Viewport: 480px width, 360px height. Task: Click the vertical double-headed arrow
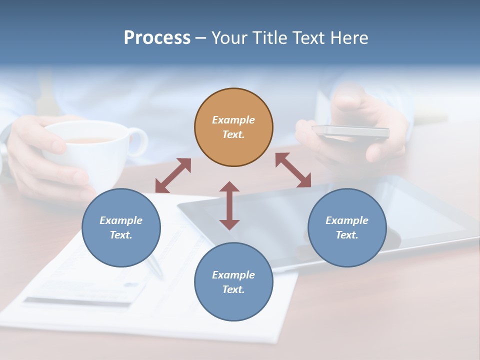click(x=229, y=205)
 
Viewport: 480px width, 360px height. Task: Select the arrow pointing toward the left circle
click(x=173, y=175)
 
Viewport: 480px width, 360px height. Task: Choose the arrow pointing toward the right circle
click(x=293, y=170)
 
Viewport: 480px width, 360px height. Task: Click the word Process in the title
click(x=157, y=37)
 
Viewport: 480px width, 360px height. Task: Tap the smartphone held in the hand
click(x=350, y=131)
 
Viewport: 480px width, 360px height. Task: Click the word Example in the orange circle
click(x=233, y=120)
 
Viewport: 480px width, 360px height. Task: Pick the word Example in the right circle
click(x=347, y=220)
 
